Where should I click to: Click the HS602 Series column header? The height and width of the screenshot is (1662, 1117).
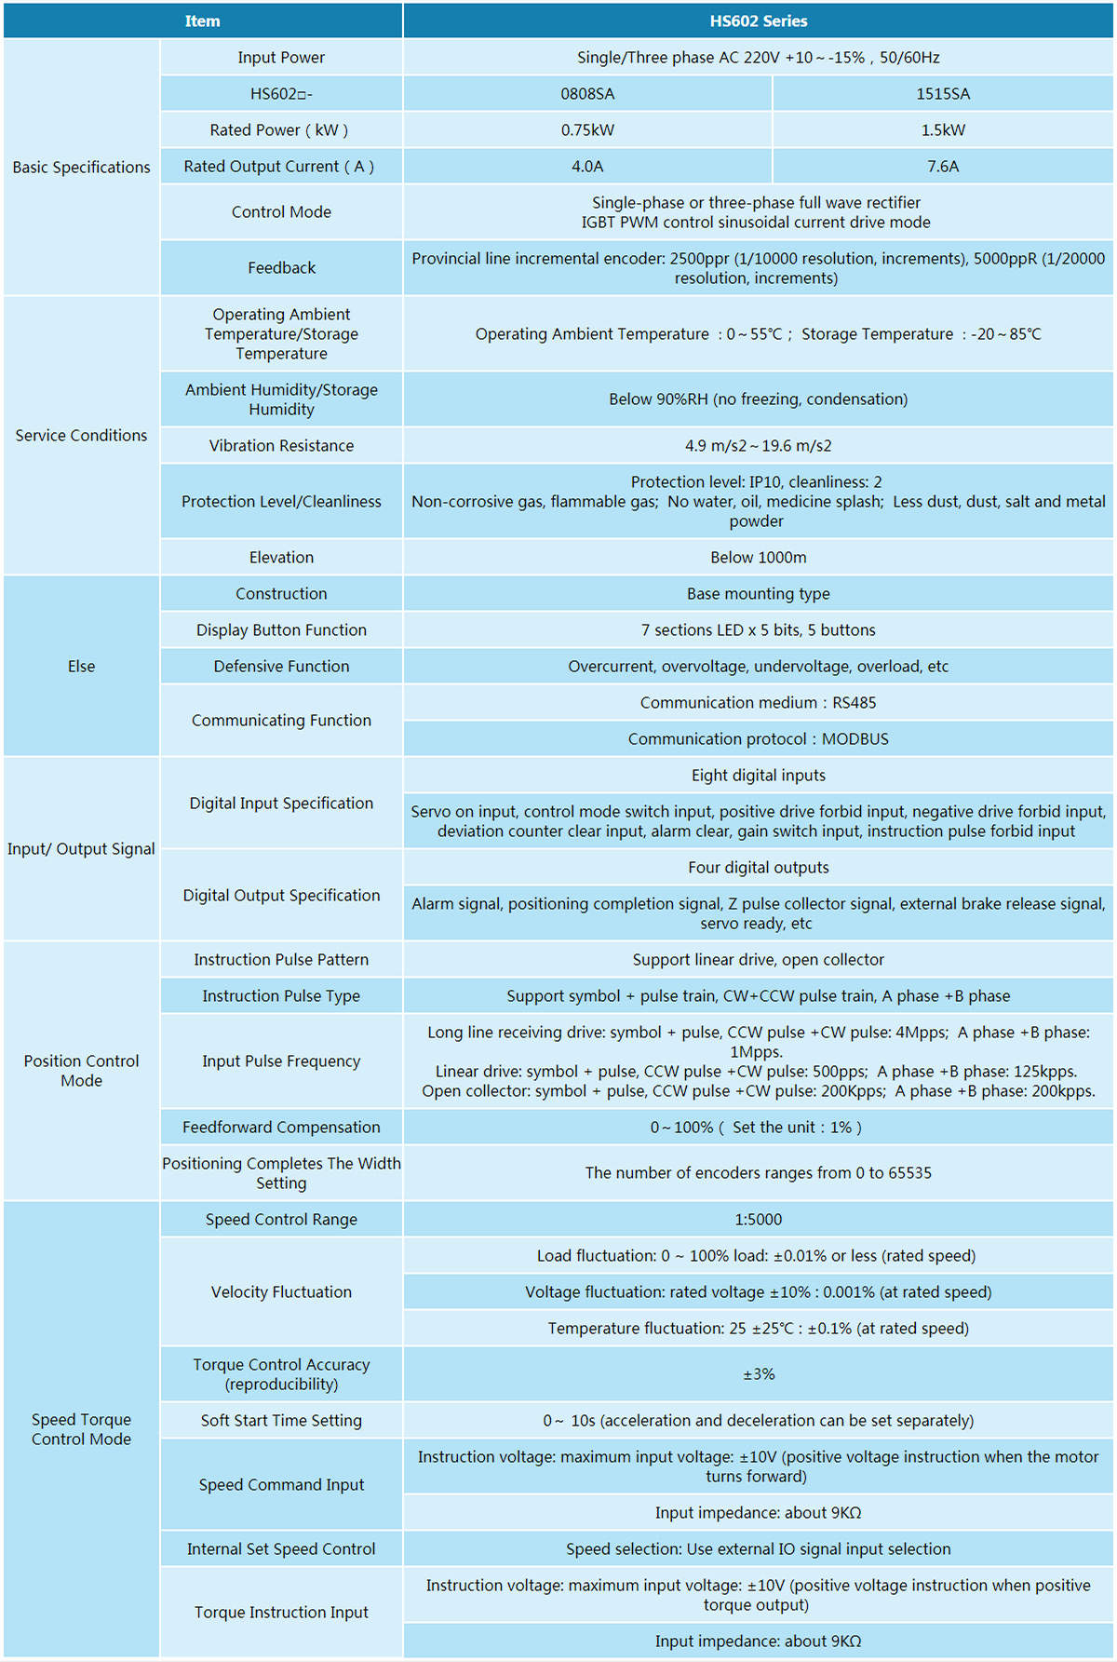[x=758, y=20]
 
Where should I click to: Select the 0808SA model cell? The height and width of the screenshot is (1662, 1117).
[x=587, y=94]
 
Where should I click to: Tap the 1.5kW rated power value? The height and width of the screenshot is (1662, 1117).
[x=943, y=130]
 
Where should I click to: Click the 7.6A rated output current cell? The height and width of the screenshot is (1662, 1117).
[x=943, y=167]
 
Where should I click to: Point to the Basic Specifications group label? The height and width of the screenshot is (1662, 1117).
[x=81, y=168]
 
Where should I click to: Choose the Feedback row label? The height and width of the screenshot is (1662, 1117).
[x=281, y=268]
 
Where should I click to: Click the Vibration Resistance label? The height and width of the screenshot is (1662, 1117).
[x=281, y=446]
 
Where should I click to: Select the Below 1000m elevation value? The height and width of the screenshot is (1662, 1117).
[x=758, y=558]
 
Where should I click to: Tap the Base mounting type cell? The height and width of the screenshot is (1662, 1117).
[x=758, y=594]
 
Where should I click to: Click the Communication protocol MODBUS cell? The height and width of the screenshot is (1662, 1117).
[x=758, y=739]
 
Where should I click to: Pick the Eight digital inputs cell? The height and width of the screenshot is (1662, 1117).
[x=758, y=776]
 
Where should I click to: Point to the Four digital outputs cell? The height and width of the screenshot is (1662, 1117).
[x=758, y=868]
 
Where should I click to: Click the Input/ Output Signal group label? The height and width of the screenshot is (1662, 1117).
[x=81, y=849]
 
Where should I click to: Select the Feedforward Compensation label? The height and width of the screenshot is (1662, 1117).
[x=281, y=1128]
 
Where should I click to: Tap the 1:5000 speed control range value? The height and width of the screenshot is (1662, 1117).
[x=758, y=1220]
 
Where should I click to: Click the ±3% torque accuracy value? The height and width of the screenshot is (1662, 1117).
[x=758, y=1374]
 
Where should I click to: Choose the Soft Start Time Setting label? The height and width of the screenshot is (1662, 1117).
[x=281, y=1421]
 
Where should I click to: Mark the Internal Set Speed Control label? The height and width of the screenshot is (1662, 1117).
[x=281, y=1549]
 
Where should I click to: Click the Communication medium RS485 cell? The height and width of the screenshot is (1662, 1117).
[x=758, y=703]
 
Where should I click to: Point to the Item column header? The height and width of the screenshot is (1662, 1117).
[x=202, y=20]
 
